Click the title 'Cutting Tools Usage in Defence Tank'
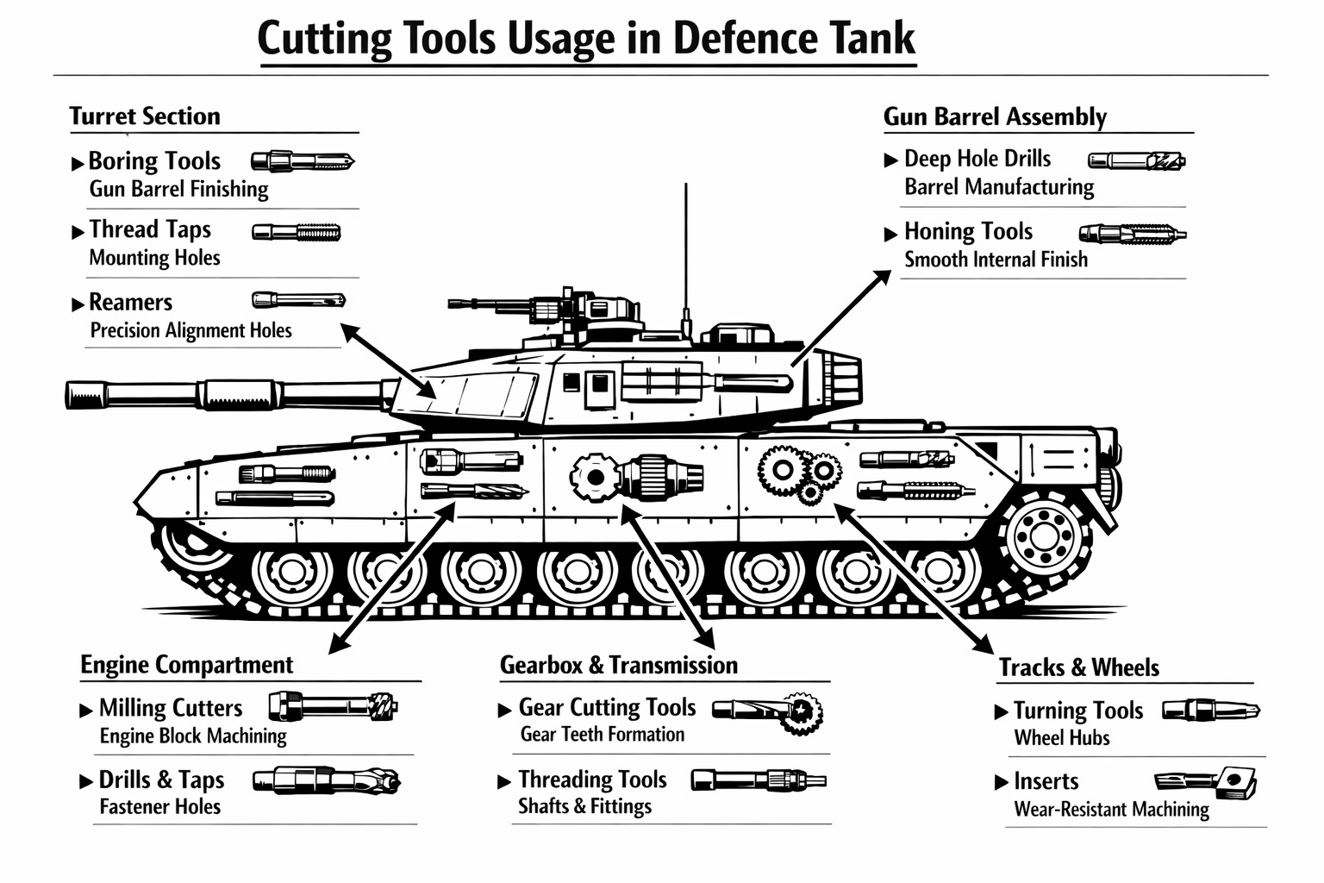pos(586,40)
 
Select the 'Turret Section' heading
pos(145,116)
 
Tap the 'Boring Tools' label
pos(154,161)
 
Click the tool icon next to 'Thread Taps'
pos(296,232)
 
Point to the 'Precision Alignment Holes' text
pos(190,331)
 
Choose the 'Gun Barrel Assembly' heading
pos(995,116)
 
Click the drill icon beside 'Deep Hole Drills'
pos(1136,160)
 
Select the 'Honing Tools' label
pos(968,232)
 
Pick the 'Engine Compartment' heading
pos(186,665)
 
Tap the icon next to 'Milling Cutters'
pos(333,707)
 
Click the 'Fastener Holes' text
pos(160,807)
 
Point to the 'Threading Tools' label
pos(592,780)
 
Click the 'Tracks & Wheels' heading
pos(1078,667)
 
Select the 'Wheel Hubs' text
pos(1062,738)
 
